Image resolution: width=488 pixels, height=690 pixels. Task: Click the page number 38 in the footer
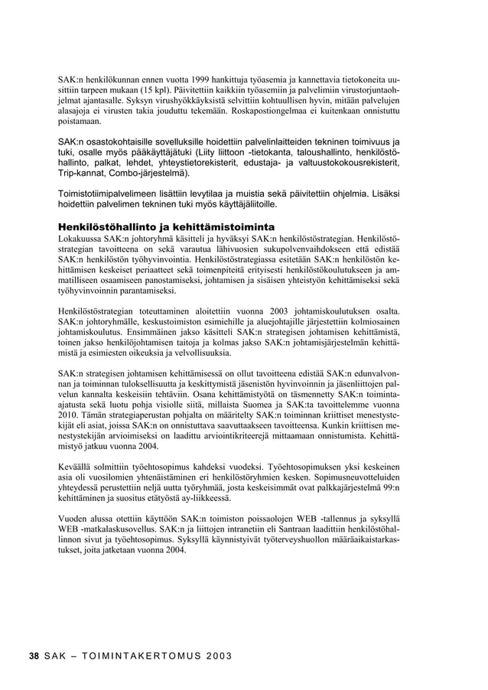(34, 656)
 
